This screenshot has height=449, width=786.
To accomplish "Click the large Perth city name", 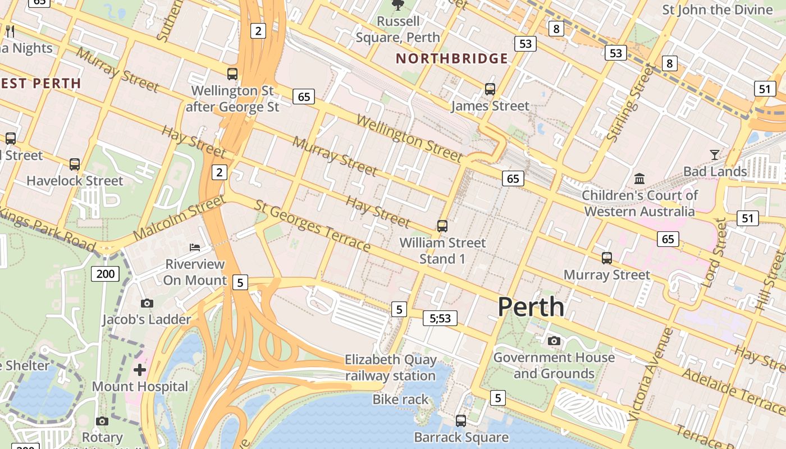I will [531, 307].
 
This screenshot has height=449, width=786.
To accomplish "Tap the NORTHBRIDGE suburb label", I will [452, 58].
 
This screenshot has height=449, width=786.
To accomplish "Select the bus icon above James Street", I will [490, 89].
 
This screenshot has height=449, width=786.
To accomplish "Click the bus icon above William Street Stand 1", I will [442, 226].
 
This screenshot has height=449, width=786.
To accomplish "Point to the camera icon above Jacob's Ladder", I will [147, 303].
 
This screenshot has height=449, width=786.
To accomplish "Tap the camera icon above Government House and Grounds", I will [554, 341].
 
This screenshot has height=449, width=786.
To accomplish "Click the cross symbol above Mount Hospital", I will [140, 370].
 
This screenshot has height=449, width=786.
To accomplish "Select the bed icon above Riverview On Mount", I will [194, 247].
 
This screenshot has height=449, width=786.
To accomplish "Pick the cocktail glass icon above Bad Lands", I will [715, 154].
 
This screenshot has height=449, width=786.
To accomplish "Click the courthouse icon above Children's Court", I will [639, 179].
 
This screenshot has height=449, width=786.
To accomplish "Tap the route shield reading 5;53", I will [440, 318].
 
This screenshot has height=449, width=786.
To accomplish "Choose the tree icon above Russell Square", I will [398, 5].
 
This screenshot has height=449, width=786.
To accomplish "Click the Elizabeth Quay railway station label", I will [390, 368].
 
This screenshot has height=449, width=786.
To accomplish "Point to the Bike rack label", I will [400, 400].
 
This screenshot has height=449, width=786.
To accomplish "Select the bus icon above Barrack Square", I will [461, 420].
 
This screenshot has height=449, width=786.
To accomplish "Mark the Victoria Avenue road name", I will [651, 374].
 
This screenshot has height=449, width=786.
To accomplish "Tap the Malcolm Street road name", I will [179, 218].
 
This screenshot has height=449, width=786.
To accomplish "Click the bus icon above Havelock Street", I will [75, 164].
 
